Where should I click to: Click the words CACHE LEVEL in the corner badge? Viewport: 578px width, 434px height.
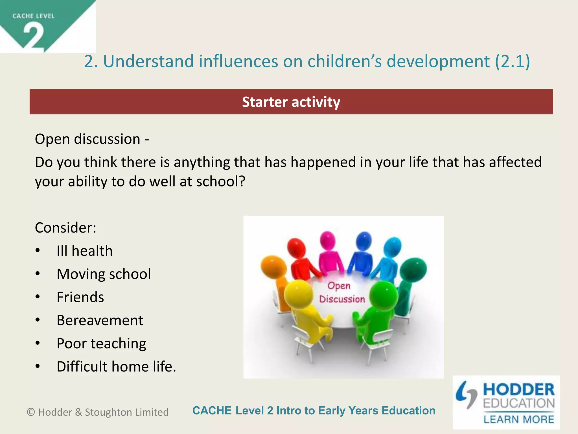[33, 16]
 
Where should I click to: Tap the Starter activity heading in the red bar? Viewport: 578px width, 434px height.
[291, 102]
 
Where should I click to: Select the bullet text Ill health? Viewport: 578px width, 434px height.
[84, 251]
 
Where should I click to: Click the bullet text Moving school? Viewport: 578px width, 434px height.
[104, 274]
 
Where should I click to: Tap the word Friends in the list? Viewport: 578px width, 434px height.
[80, 297]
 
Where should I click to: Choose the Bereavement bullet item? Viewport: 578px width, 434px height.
[100, 320]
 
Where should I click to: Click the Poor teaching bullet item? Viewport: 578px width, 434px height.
[101, 344]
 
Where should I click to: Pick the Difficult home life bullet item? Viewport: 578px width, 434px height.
[116, 367]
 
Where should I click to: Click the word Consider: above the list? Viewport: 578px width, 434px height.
[65, 228]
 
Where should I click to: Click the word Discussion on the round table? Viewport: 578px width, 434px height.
[342, 299]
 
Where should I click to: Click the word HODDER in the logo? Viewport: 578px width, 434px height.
[519, 390]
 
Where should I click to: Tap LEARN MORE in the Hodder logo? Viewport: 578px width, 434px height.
[519, 419]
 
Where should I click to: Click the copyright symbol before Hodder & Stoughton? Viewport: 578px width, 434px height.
[31, 412]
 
